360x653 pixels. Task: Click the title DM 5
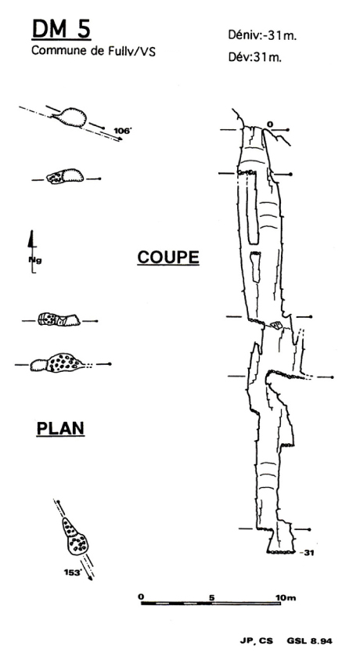pyautogui.click(x=61, y=30)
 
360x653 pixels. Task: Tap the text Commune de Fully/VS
pyautogui.click(x=93, y=51)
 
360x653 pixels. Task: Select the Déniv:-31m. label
pyautogui.click(x=262, y=35)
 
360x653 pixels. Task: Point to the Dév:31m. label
pyautogui.click(x=254, y=57)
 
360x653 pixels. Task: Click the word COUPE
pyautogui.click(x=168, y=258)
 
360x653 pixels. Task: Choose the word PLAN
pyautogui.click(x=61, y=428)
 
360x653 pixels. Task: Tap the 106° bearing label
pyautogui.click(x=122, y=131)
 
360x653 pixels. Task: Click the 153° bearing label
pyautogui.click(x=72, y=572)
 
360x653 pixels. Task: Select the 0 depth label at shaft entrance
pyautogui.click(x=270, y=124)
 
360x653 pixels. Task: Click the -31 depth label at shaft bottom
pyautogui.click(x=309, y=553)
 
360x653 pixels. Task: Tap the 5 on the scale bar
pyautogui.click(x=212, y=598)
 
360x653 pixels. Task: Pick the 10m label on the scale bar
pyautogui.click(x=286, y=598)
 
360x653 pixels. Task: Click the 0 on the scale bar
pyautogui.click(x=141, y=597)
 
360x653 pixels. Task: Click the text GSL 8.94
pyautogui.click(x=310, y=641)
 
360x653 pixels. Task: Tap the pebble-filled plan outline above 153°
pyautogui.click(x=75, y=536)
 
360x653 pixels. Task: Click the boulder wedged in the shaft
pyautogui.click(x=276, y=324)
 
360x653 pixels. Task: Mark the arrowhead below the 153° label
pyautogui.click(x=90, y=577)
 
